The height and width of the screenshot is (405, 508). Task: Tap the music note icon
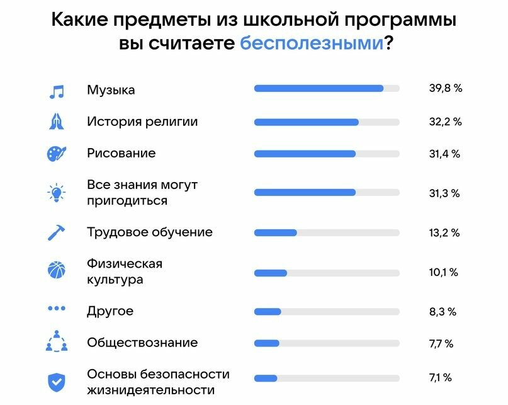pyautogui.click(x=57, y=91)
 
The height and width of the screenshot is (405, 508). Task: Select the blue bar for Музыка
pyautogui.click(x=319, y=89)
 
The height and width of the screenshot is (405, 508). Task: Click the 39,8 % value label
pyautogui.click(x=446, y=89)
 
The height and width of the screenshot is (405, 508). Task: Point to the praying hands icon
pyautogui.click(x=57, y=122)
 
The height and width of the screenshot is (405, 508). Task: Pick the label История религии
pyautogui.click(x=142, y=122)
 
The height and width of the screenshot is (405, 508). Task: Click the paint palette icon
pyautogui.click(x=57, y=154)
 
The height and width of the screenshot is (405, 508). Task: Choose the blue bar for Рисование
pyautogui.click(x=305, y=154)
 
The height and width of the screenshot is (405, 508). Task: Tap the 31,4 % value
pyautogui.click(x=444, y=154)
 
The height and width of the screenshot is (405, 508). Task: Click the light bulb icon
pyautogui.click(x=57, y=193)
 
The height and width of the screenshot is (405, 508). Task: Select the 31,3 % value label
pyautogui.click(x=444, y=193)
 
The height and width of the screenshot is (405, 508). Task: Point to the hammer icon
pyautogui.click(x=57, y=232)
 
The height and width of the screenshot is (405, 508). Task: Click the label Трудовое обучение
pyautogui.click(x=150, y=232)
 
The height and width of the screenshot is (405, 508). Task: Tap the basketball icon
pyautogui.click(x=57, y=271)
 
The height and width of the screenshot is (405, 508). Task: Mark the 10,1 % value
pyautogui.click(x=443, y=272)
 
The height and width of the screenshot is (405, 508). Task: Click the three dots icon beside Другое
pyautogui.click(x=57, y=309)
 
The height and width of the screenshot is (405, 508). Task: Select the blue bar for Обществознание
pyautogui.click(x=267, y=343)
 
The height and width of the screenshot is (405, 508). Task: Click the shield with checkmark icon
pyautogui.click(x=57, y=382)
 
